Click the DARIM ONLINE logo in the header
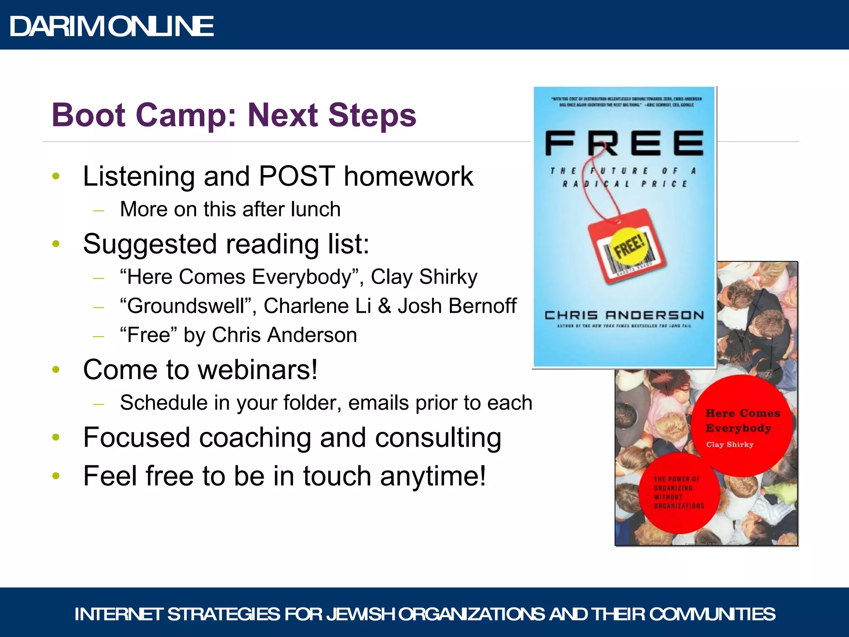[x=112, y=27]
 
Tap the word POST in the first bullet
[x=297, y=176]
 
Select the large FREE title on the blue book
[x=624, y=143]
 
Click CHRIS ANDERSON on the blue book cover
[x=624, y=316]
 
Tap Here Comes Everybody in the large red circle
[x=742, y=421]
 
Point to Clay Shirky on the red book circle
[x=730, y=445]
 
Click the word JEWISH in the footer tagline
[x=361, y=614]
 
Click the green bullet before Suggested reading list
[x=56, y=244]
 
